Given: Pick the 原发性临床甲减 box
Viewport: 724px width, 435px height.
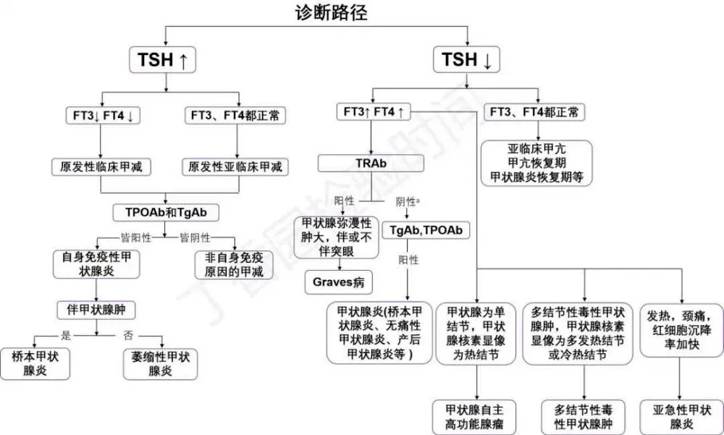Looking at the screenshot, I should (101, 166).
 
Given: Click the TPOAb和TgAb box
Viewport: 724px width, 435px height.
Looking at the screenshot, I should (167, 213).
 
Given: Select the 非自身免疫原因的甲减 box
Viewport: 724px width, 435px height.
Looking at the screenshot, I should (232, 264).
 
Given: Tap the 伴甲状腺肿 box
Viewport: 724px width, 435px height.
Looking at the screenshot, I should (96, 310).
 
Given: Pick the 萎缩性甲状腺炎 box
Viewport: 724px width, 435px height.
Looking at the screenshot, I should (160, 363).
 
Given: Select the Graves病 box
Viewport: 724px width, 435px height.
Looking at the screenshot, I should (337, 281).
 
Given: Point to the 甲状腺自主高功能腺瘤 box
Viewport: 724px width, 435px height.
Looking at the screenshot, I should (475, 416).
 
